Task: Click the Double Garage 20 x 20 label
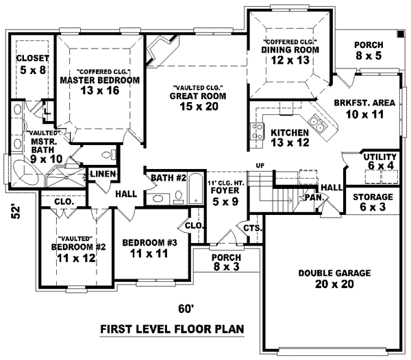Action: [325, 278]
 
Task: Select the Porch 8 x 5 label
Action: [368, 50]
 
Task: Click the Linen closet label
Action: [101, 174]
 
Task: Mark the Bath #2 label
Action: [169, 179]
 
